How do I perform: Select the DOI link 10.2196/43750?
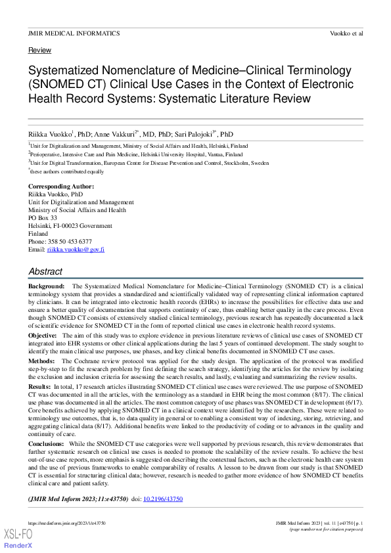tap(163, 499)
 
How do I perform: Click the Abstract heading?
tap(45, 271)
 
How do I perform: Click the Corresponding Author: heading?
tap(61, 187)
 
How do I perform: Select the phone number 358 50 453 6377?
tap(70, 242)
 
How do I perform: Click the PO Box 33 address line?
tap(43, 218)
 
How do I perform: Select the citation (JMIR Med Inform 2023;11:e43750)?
tap(78, 499)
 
